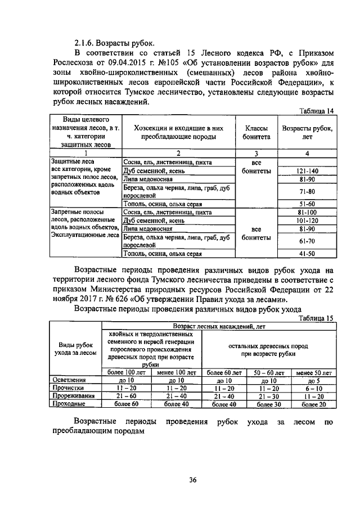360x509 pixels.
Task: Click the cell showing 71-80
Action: tap(307, 191)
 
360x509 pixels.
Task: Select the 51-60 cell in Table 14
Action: tap(307, 204)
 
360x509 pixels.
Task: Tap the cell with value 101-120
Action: tap(307, 221)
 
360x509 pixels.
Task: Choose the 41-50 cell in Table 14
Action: tap(307, 254)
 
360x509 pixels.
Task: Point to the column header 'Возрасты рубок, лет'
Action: tap(307, 132)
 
